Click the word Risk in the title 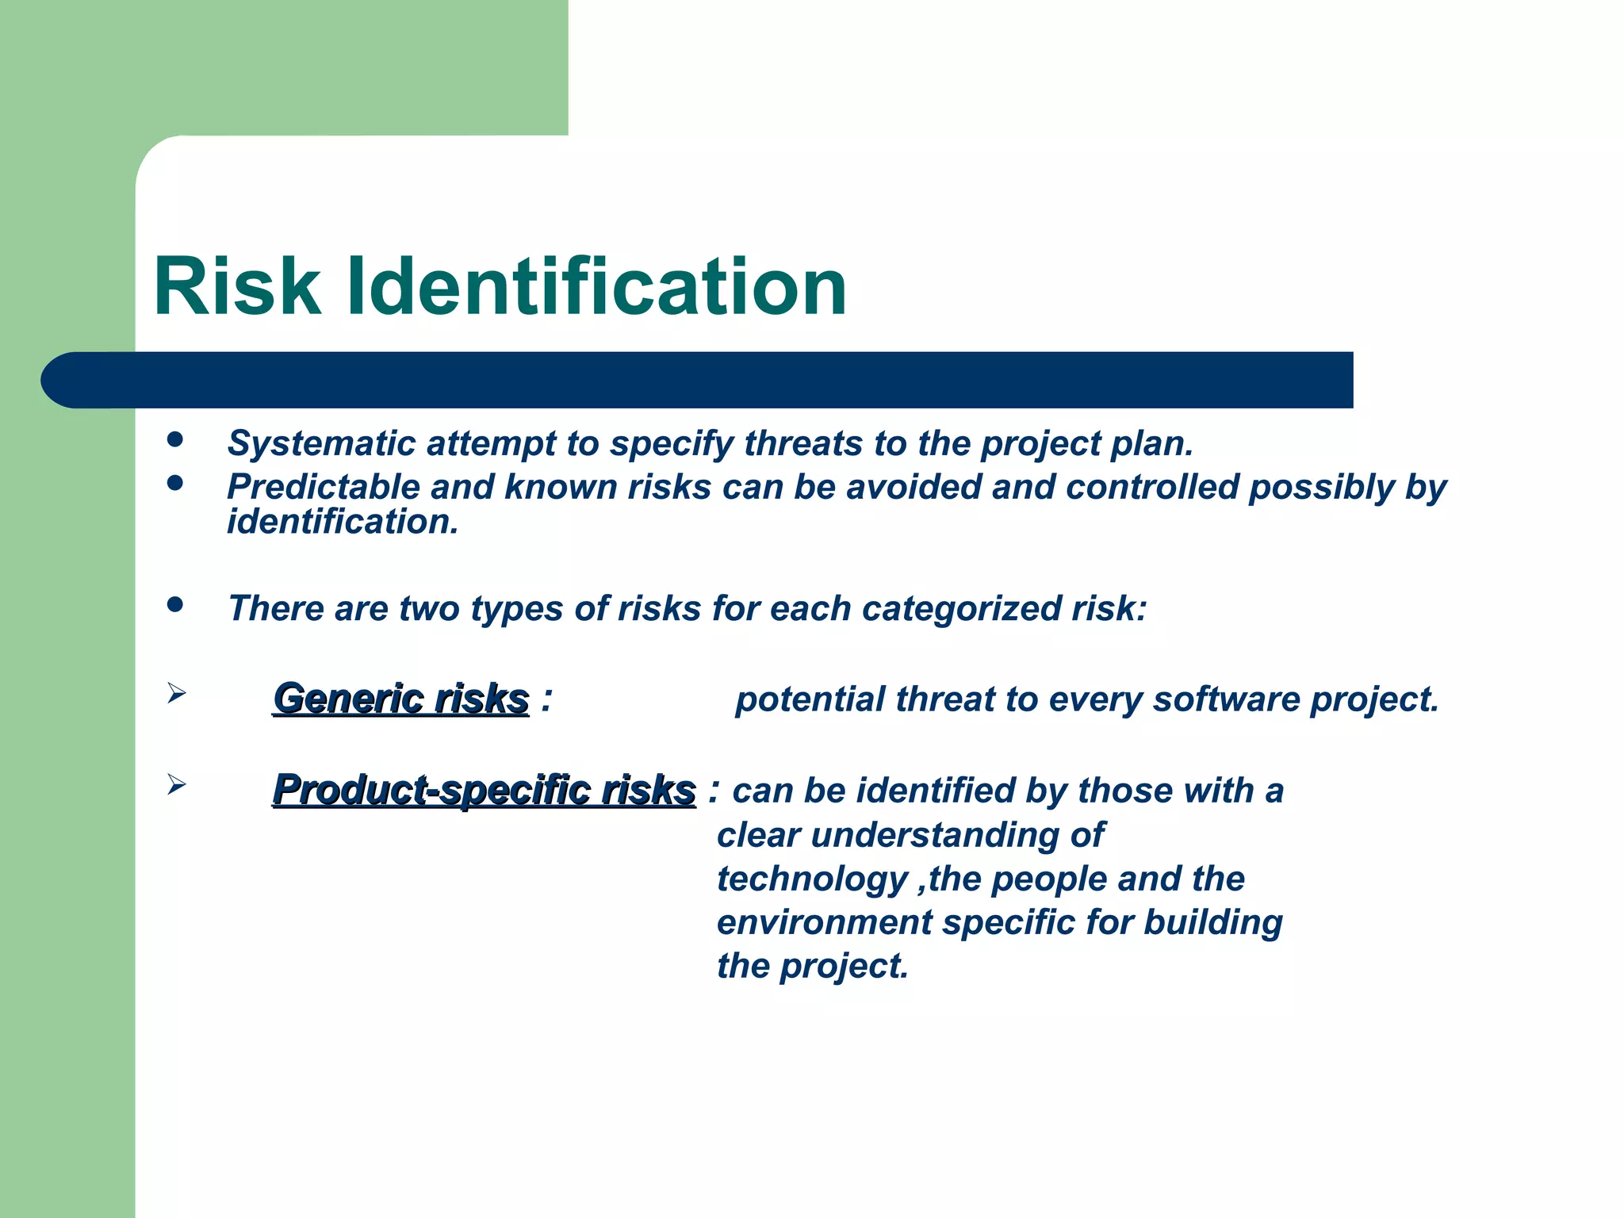236,287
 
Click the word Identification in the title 596,287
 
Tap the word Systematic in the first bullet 321,444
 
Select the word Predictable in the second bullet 323,488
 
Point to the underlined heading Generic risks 400,699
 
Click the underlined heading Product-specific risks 484,791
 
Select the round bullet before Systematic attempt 175,439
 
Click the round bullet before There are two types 175,606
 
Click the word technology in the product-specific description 812,879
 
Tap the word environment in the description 825,923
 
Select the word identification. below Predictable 343,523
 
